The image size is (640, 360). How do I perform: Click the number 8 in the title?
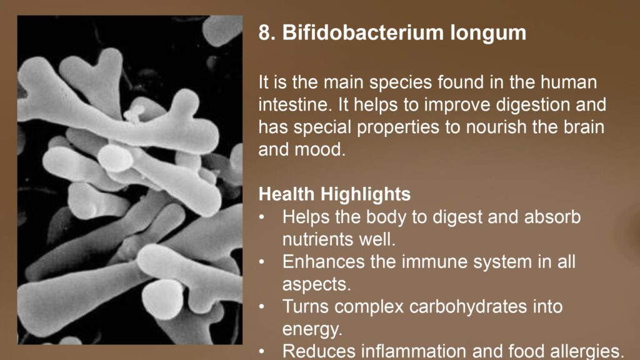264,32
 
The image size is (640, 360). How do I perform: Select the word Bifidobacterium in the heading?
363,32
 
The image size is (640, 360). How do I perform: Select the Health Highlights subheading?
335,194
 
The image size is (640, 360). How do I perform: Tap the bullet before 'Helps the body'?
262,217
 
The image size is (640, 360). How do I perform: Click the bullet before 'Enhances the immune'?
262,262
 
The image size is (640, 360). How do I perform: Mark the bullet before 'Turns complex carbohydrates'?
262,307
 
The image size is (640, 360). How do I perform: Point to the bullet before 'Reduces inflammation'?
262,351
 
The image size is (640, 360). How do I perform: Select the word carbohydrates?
468,306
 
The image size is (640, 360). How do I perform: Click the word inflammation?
431,351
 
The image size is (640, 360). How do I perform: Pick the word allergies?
586,351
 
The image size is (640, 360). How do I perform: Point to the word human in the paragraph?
569,82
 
